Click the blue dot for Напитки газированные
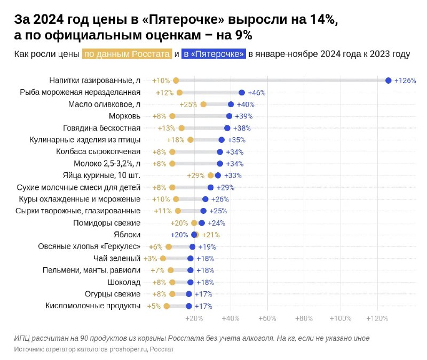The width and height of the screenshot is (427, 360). point(388,81)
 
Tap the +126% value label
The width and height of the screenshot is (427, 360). point(405,81)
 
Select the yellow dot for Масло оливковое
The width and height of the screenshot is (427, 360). point(203,104)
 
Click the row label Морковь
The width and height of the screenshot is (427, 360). point(124,116)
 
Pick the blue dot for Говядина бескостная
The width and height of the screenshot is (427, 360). point(227,128)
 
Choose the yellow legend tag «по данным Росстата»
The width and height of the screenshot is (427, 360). point(126,54)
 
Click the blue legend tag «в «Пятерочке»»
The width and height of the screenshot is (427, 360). point(213,54)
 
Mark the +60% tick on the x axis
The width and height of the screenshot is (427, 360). point(267,318)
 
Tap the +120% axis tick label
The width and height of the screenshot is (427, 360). point(377,318)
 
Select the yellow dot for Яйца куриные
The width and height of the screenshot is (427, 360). point(211,175)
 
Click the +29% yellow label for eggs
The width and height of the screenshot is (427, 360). point(196,175)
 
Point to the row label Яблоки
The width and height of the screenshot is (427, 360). point(128,235)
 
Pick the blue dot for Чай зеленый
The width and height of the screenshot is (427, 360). point(191,258)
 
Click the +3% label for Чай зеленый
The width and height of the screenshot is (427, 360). point(152,258)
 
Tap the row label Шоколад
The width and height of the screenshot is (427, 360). point(124,282)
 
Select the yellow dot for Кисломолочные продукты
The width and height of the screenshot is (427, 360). point(167,306)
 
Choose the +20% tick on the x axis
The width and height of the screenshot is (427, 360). point(194,318)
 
